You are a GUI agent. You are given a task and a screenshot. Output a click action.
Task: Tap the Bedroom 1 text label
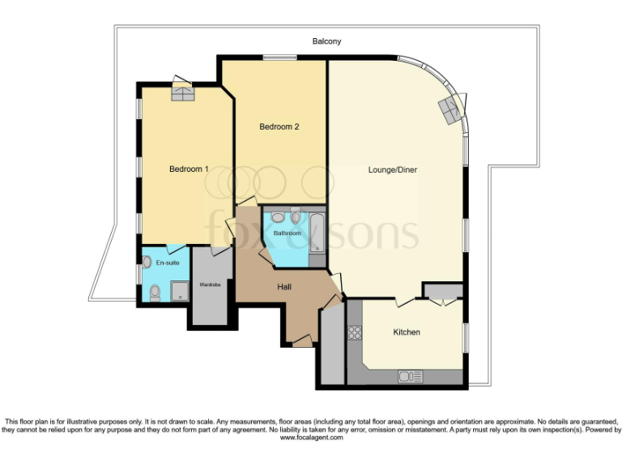click(189, 169)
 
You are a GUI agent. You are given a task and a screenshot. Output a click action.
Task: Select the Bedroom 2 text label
click(279, 126)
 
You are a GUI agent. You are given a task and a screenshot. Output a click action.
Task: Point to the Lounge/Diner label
click(393, 170)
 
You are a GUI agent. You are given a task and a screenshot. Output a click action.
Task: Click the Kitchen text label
click(407, 332)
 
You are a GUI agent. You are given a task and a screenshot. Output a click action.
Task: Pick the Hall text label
click(284, 287)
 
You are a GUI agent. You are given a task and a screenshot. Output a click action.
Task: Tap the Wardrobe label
click(210, 285)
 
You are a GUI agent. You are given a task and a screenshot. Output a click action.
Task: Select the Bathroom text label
click(287, 233)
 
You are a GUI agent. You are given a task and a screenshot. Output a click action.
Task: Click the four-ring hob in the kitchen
click(354, 332)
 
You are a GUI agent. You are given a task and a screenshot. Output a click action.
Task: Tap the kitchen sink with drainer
click(410, 376)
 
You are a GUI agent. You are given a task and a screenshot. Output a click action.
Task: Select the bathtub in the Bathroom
click(317, 232)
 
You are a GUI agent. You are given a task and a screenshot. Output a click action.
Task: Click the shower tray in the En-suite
click(178, 293)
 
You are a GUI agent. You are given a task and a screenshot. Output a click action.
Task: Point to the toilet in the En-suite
click(154, 293)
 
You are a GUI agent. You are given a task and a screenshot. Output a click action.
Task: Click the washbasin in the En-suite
click(147, 262)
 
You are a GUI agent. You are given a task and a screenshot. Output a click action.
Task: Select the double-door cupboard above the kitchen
click(442, 292)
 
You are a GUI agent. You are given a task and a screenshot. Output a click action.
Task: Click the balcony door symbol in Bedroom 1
click(182, 90)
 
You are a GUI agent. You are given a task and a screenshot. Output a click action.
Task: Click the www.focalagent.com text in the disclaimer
click(311, 438)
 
